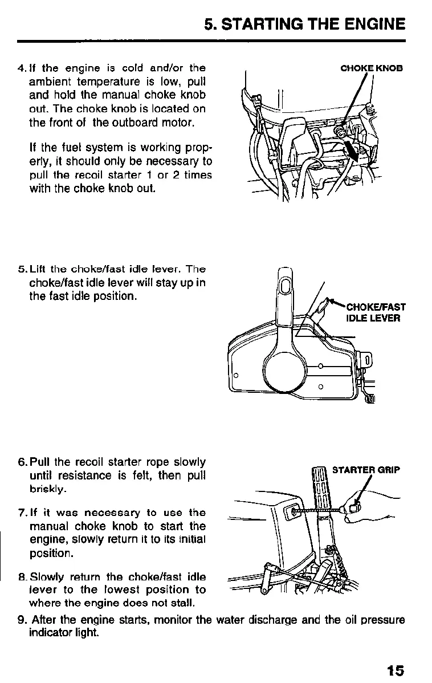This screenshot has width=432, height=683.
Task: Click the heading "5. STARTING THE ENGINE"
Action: pos(305,24)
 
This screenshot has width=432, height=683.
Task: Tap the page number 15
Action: pos(395,670)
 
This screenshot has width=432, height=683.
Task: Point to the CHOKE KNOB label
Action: pos(371,68)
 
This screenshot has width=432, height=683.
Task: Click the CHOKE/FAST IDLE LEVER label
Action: pos(375,312)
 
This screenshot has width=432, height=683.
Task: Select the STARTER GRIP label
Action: pos(366,470)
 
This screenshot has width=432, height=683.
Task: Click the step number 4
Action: pos(21,69)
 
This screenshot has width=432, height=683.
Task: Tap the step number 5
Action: pos(21,269)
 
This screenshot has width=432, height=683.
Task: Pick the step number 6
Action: pos(21,462)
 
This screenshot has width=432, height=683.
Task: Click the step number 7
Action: pos(21,513)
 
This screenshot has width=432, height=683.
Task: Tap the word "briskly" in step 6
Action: pos(48,489)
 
